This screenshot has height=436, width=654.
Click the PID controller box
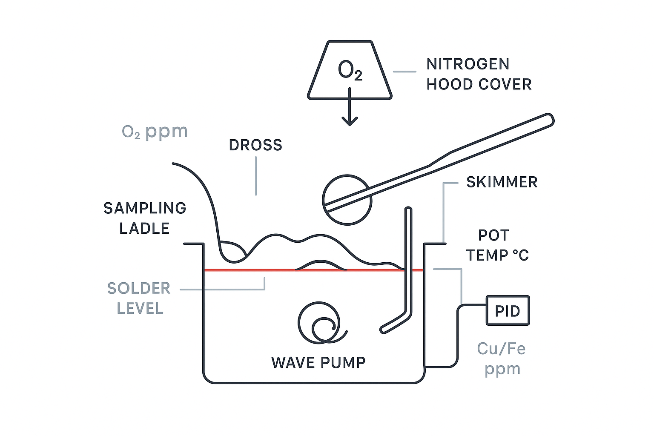508,311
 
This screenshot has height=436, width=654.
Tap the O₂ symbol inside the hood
350,71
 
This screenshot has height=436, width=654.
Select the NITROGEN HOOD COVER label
479,74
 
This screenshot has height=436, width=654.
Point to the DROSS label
255,145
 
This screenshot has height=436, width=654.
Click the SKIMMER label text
502,182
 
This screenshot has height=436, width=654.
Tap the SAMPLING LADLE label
145,218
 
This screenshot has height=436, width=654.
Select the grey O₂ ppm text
155,132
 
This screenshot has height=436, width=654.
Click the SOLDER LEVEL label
139,298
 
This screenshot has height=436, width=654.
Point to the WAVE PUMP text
318,363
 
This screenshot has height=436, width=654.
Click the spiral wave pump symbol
320,324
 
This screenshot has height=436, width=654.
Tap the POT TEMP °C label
497,245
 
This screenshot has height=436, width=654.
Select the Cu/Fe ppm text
502,359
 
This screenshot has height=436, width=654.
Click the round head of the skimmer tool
347,200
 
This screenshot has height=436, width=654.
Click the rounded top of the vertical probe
408,210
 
